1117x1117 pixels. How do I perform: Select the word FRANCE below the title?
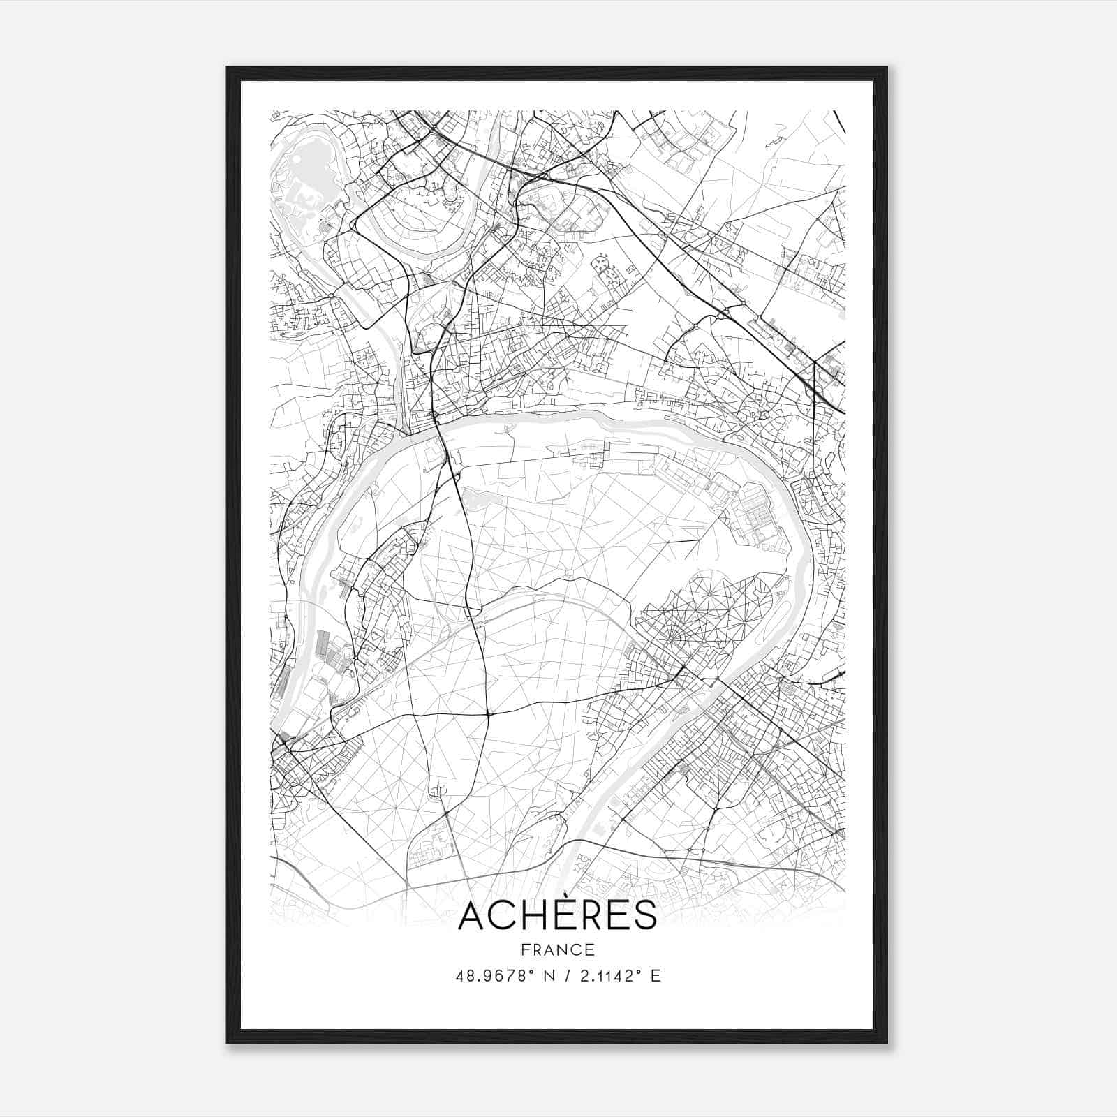tap(557, 949)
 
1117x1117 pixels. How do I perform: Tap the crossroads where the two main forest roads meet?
tap(487, 713)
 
